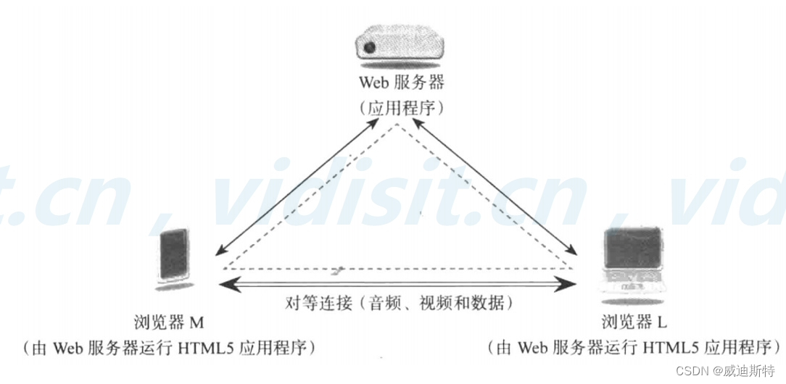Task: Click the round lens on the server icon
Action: [x=370, y=49]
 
